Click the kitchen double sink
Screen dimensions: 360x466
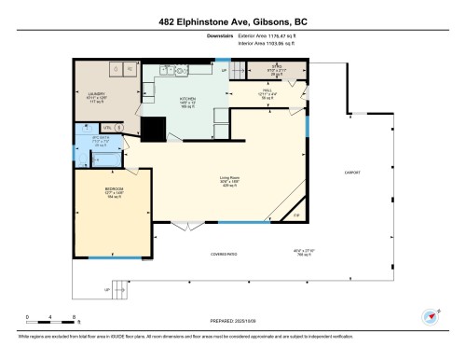pos(171,70)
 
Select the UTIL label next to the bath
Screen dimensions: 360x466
pos(108,126)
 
